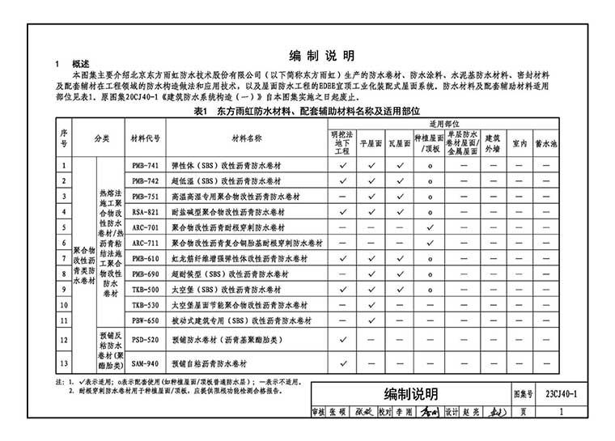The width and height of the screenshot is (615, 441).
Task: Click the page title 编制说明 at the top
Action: click(321, 56)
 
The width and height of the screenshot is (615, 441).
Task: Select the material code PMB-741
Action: click(145, 164)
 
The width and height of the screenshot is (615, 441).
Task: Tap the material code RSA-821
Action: click(145, 211)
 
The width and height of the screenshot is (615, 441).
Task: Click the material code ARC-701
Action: click(145, 227)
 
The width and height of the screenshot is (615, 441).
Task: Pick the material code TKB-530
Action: click(145, 304)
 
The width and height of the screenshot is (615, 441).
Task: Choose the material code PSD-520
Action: click(145, 341)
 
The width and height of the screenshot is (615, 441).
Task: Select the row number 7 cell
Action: click(64, 258)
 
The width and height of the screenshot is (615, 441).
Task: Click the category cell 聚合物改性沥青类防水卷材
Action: click(84, 265)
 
